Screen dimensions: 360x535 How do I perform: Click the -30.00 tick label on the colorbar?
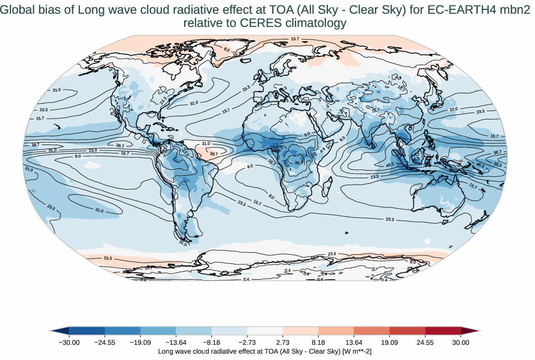pos(69,342)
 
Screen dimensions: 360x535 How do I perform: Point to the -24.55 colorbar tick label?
pos(105,342)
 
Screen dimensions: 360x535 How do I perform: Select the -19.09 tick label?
pos(140,342)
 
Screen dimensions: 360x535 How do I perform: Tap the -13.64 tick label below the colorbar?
pos(176,342)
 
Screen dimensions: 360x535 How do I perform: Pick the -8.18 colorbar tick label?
pos(211,342)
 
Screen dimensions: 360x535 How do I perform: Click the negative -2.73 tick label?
pos(247,342)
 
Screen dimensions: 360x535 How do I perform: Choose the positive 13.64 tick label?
pos(354,342)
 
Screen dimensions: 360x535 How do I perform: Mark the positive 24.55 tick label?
pos(425,342)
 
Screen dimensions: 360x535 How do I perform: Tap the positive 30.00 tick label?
pos(461,342)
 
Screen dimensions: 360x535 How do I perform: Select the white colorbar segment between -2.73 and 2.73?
pos(265,332)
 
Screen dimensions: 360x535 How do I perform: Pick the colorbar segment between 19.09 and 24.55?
pos(407,332)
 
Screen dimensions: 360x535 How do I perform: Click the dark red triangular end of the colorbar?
pos(467,332)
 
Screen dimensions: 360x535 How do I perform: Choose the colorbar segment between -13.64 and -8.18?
pos(193,332)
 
